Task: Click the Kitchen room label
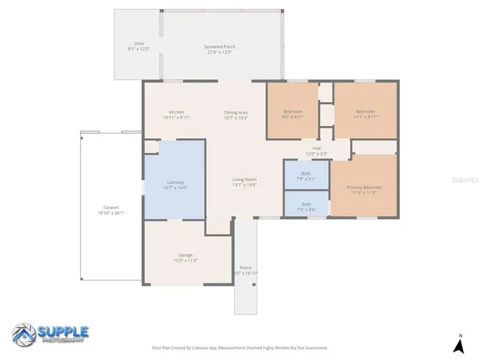176,112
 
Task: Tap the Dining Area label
235,112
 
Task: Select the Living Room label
244,179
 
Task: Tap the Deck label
139,43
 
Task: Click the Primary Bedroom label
364,187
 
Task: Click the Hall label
316,148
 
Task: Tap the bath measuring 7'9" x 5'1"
306,173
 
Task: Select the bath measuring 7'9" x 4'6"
306,204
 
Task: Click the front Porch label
245,268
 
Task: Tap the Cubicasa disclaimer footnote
240,347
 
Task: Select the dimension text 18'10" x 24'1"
111,213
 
